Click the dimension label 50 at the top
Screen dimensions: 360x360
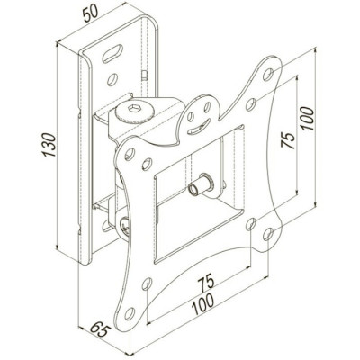[x=90, y=13]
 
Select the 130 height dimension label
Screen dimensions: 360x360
[x=49, y=145]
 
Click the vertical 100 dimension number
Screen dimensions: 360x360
[x=308, y=118]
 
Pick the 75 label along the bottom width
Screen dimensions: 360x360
[x=206, y=282]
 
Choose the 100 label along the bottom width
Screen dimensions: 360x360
[x=202, y=304]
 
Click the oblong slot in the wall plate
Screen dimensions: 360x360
[x=112, y=54]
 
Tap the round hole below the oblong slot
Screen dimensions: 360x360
[x=112, y=79]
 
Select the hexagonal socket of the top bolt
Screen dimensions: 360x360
[x=134, y=108]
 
